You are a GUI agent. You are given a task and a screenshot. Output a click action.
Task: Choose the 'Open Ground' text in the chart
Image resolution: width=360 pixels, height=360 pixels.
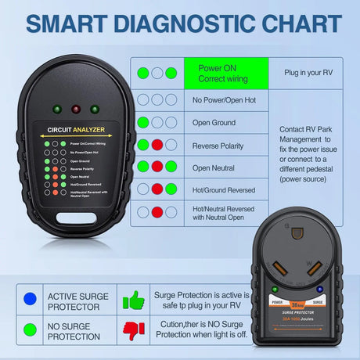pos(214,122)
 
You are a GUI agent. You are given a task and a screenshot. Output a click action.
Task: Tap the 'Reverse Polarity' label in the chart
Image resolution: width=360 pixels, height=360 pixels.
pos(219,145)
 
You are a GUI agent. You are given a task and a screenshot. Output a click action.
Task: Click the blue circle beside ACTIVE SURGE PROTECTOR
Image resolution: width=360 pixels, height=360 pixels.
pos(31,297)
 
